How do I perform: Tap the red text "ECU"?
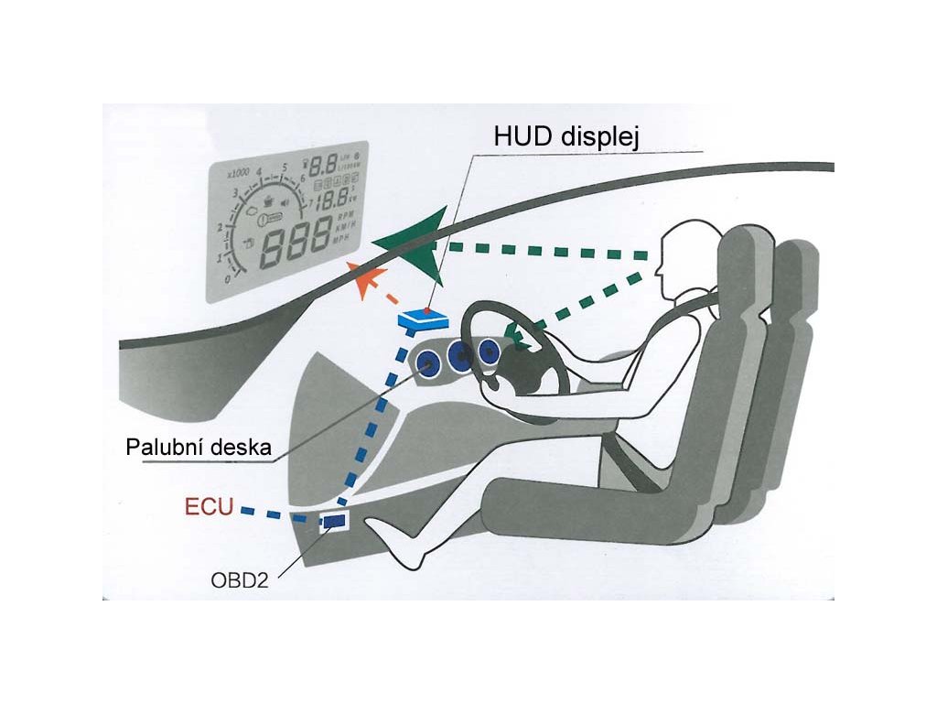tap(210, 507)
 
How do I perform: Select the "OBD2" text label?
tap(239, 580)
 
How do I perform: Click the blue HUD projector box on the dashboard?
tap(423, 319)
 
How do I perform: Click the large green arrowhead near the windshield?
tap(416, 241)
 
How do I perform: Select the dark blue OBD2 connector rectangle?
tap(332, 521)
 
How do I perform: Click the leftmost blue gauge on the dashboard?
tap(427, 363)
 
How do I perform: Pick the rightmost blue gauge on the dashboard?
tap(491, 350)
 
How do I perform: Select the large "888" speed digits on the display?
tap(294, 241)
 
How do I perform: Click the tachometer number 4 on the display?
tap(260, 172)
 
